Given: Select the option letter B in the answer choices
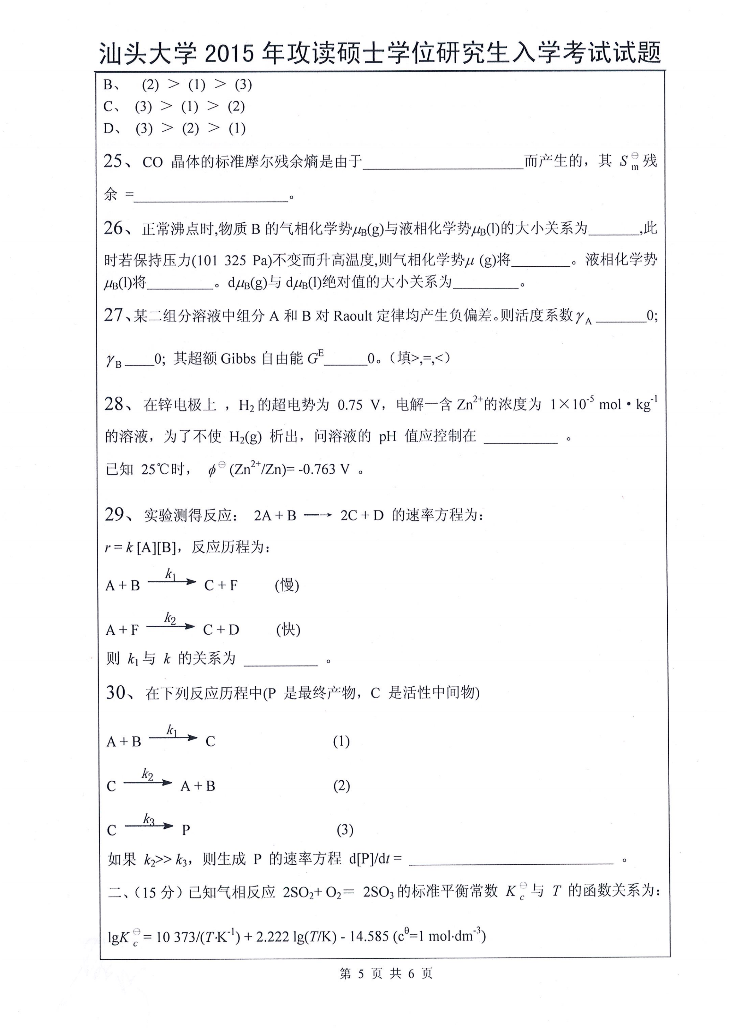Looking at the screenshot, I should pyautogui.click(x=108, y=84).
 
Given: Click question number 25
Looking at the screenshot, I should pyautogui.click(x=113, y=161).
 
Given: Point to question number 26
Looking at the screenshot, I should pyautogui.click(x=113, y=228).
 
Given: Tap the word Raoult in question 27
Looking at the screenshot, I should pyautogui.click(x=353, y=316).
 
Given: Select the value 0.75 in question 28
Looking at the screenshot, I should pyautogui.click(x=350, y=405).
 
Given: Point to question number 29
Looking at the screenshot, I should pyautogui.click(x=114, y=514).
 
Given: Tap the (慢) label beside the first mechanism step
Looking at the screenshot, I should pyautogui.click(x=287, y=585).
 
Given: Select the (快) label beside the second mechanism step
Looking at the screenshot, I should pyautogui.click(x=288, y=630).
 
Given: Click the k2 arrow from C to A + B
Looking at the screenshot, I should pyautogui.click(x=148, y=783).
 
